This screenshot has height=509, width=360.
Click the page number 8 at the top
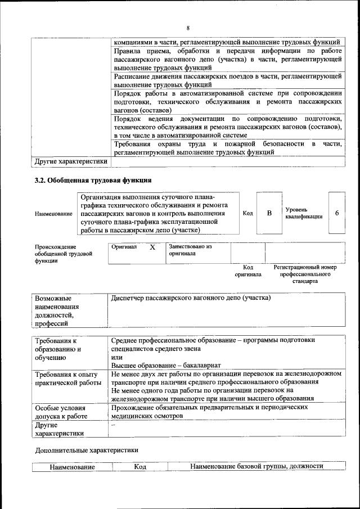click(188, 28)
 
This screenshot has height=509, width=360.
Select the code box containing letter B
click(269, 213)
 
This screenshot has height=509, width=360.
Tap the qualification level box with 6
click(336, 213)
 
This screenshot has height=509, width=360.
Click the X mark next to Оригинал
click(152, 247)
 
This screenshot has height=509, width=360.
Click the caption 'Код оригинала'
click(248, 271)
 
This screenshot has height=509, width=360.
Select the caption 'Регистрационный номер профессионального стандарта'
click(305, 274)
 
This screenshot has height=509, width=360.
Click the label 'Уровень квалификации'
click(304, 213)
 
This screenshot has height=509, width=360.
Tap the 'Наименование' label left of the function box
click(53, 214)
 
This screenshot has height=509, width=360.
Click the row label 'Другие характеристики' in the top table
click(71, 161)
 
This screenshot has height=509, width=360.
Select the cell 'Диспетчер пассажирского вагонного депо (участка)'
click(191, 298)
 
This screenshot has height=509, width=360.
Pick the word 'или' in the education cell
click(117, 357)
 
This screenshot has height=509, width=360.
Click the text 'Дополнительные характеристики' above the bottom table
click(86, 450)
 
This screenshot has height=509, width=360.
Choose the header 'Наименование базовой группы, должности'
click(256, 467)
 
